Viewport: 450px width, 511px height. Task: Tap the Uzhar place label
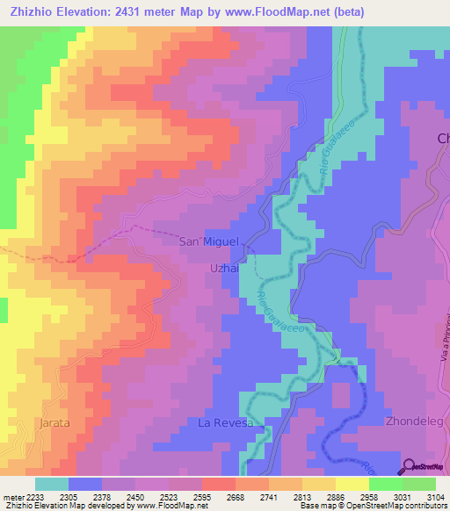tap(225, 269)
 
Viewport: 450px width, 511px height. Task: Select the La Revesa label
tap(225, 423)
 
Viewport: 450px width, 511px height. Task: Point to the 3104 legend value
tap(425, 497)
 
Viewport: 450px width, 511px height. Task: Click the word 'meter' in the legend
tap(13, 497)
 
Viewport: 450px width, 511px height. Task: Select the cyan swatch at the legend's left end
tap(51, 484)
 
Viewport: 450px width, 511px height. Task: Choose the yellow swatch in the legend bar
tap(352, 484)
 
